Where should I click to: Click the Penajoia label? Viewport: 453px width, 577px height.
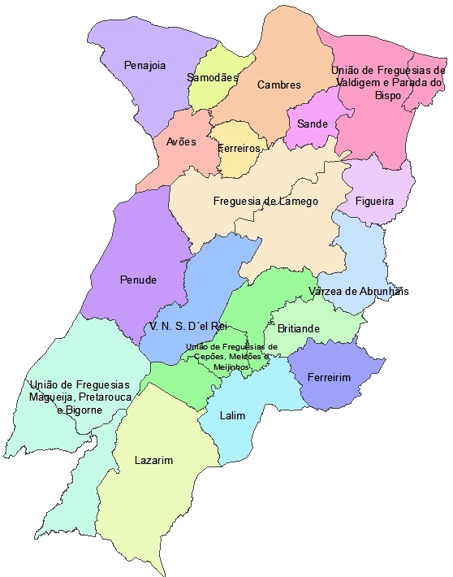pos(145,65)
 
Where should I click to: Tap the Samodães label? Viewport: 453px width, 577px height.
pos(213,78)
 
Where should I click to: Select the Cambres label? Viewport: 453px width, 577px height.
pos(278,85)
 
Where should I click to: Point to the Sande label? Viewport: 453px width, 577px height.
pos(312,124)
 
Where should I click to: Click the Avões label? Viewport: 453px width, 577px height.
pos(181,141)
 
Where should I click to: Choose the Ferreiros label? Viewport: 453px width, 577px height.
pos(239,148)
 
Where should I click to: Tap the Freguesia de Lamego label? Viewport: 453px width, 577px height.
pos(265,201)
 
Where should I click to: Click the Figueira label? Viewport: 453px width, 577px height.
pos(374,200)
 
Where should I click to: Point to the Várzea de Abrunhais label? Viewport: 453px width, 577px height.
pos(358,291)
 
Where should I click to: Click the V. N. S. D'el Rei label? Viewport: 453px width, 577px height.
pos(186,326)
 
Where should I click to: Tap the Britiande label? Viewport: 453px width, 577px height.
pos(299,329)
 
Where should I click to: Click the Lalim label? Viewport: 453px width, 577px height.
pos(232,415)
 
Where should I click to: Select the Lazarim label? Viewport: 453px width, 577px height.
pos(153,460)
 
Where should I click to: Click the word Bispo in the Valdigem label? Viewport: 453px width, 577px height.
pos(388,95)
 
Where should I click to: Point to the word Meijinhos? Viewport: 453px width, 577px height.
pos(231,367)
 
